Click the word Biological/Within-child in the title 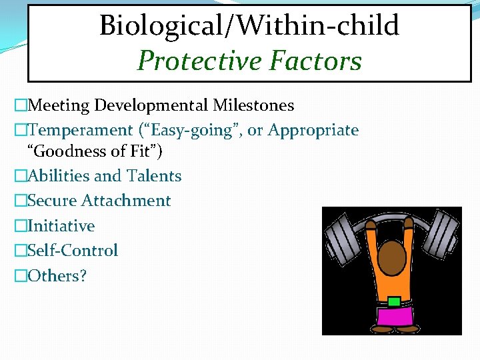(x=249, y=26)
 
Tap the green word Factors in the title (x=315, y=61)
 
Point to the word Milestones (x=253, y=105)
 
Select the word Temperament (x=81, y=130)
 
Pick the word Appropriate (x=313, y=130)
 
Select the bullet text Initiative (x=61, y=226)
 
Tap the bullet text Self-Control (x=73, y=251)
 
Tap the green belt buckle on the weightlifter (x=394, y=301)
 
